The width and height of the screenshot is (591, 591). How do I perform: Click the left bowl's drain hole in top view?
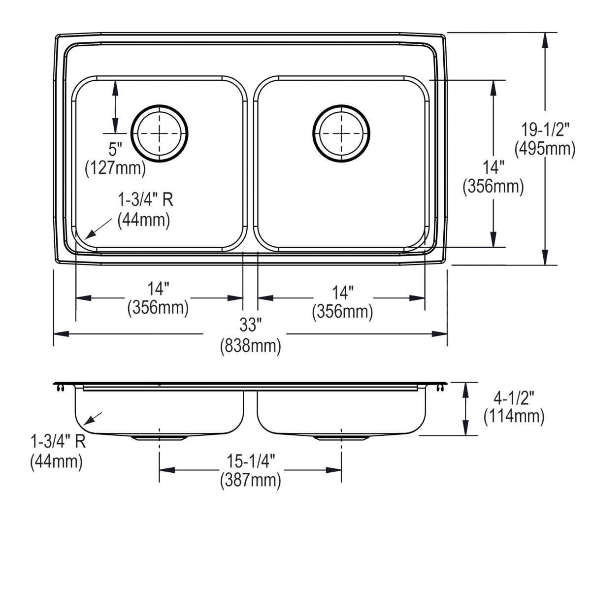point(159,133)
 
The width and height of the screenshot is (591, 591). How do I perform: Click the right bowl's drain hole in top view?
point(341,133)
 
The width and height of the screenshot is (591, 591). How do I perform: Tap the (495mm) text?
point(545,148)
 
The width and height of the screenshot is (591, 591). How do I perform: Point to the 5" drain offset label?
point(115,149)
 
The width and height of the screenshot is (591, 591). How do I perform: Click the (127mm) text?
point(115,168)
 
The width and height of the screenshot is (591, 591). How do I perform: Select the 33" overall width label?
point(250,325)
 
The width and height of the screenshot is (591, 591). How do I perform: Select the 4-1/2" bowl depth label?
point(514,396)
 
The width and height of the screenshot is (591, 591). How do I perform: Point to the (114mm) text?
point(514,416)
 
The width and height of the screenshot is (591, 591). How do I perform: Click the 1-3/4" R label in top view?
point(145,200)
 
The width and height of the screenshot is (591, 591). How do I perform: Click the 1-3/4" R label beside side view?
point(58,441)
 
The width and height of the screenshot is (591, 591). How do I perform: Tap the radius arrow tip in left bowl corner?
point(87,238)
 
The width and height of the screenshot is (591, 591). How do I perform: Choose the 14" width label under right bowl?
point(342,293)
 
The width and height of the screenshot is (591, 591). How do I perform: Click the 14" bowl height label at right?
point(493,168)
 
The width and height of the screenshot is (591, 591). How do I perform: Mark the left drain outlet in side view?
point(159,437)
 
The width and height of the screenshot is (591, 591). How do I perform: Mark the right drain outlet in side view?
point(341,437)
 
